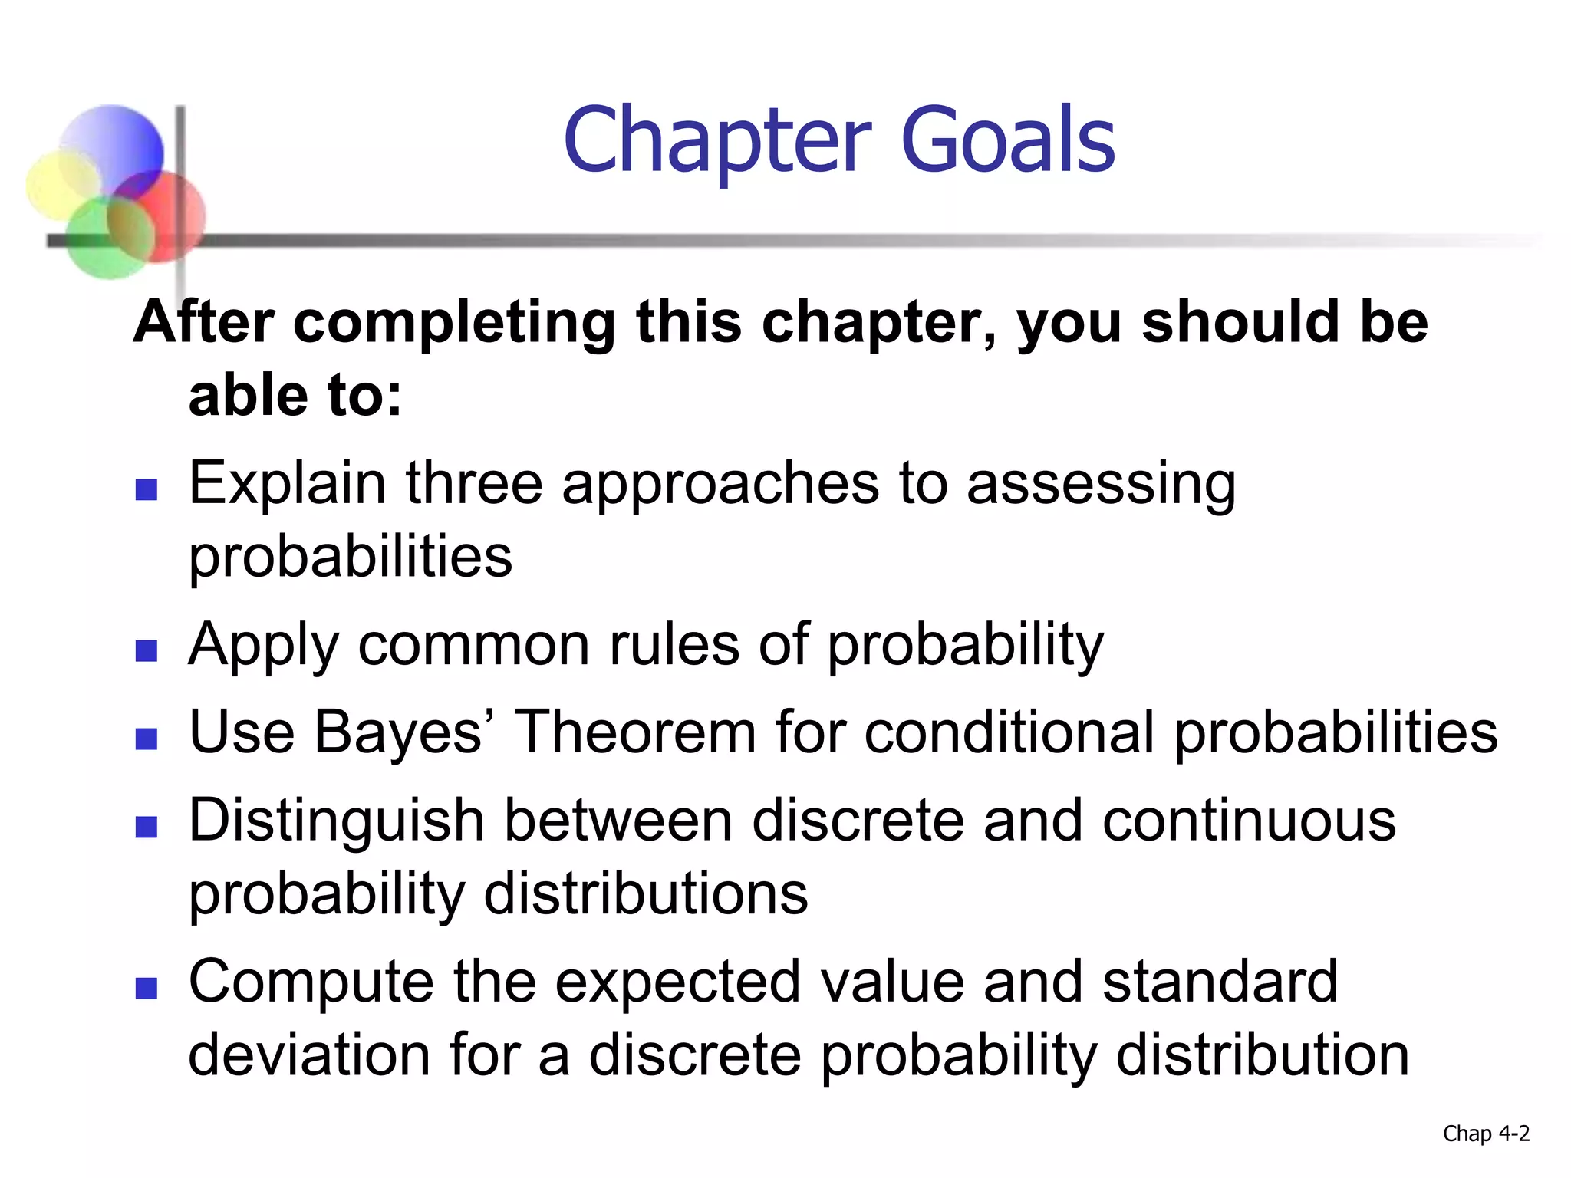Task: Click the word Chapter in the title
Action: tap(717, 142)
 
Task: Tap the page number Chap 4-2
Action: tap(1485, 1134)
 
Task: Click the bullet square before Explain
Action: tap(146, 489)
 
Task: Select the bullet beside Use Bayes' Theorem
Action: tap(146, 739)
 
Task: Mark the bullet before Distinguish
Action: tap(146, 827)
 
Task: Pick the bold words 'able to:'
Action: tap(295, 397)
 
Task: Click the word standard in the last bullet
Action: tap(1220, 982)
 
